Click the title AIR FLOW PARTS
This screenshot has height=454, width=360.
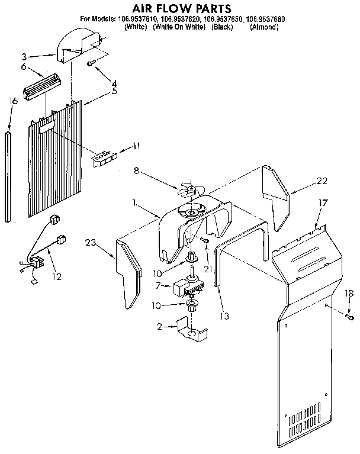181,8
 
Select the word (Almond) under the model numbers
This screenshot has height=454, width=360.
264,27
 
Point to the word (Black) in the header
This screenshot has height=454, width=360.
223,27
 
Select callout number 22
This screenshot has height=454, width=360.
322,181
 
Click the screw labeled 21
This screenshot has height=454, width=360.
204,240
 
